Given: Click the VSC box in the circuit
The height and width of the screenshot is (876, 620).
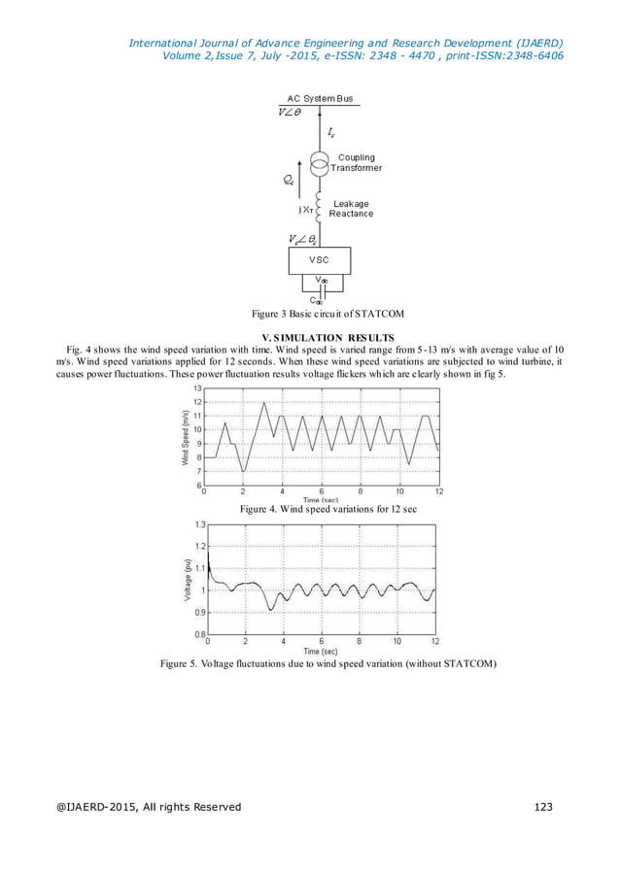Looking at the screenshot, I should (320, 260).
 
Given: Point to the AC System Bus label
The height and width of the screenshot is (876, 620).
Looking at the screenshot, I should (321, 99).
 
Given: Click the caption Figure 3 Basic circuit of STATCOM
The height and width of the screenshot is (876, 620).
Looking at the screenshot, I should (327, 314).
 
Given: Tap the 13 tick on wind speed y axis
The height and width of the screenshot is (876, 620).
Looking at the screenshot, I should (198, 388).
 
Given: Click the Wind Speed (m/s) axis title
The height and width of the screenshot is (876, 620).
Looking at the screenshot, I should (185, 437).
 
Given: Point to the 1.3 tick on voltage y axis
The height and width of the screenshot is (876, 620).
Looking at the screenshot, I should (199, 524).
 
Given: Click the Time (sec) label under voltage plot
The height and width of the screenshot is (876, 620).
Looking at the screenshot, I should (321, 650).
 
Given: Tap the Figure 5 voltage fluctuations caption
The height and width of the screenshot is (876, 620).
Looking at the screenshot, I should (328, 664).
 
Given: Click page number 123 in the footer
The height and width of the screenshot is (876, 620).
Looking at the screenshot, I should (550, 808).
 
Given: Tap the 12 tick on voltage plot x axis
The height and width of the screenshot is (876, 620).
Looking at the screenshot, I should (434, 641).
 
